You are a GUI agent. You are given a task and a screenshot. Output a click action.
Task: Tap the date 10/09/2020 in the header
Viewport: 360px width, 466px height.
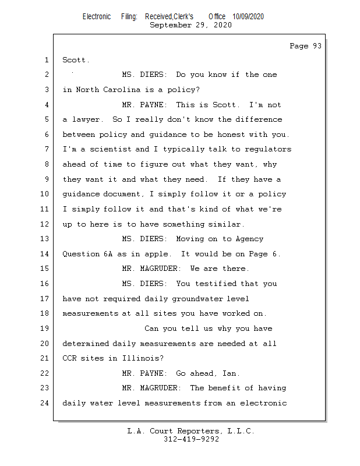click(248, 17)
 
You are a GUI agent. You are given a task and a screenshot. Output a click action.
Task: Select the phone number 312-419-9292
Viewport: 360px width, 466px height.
click(191, 439)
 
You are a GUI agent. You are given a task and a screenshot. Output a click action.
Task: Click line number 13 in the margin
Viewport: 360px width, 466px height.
click(46, 239)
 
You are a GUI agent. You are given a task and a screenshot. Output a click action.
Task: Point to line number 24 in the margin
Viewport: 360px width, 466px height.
click(46, 403)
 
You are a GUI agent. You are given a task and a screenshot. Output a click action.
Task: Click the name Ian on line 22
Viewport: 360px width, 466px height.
click(230, 373)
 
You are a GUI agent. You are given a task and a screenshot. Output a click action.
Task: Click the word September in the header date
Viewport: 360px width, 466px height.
click(171, 25)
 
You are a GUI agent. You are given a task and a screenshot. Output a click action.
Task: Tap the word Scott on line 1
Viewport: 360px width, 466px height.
click(75, 60)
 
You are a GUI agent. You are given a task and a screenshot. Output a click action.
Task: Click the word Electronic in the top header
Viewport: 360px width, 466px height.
click(97, 17)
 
